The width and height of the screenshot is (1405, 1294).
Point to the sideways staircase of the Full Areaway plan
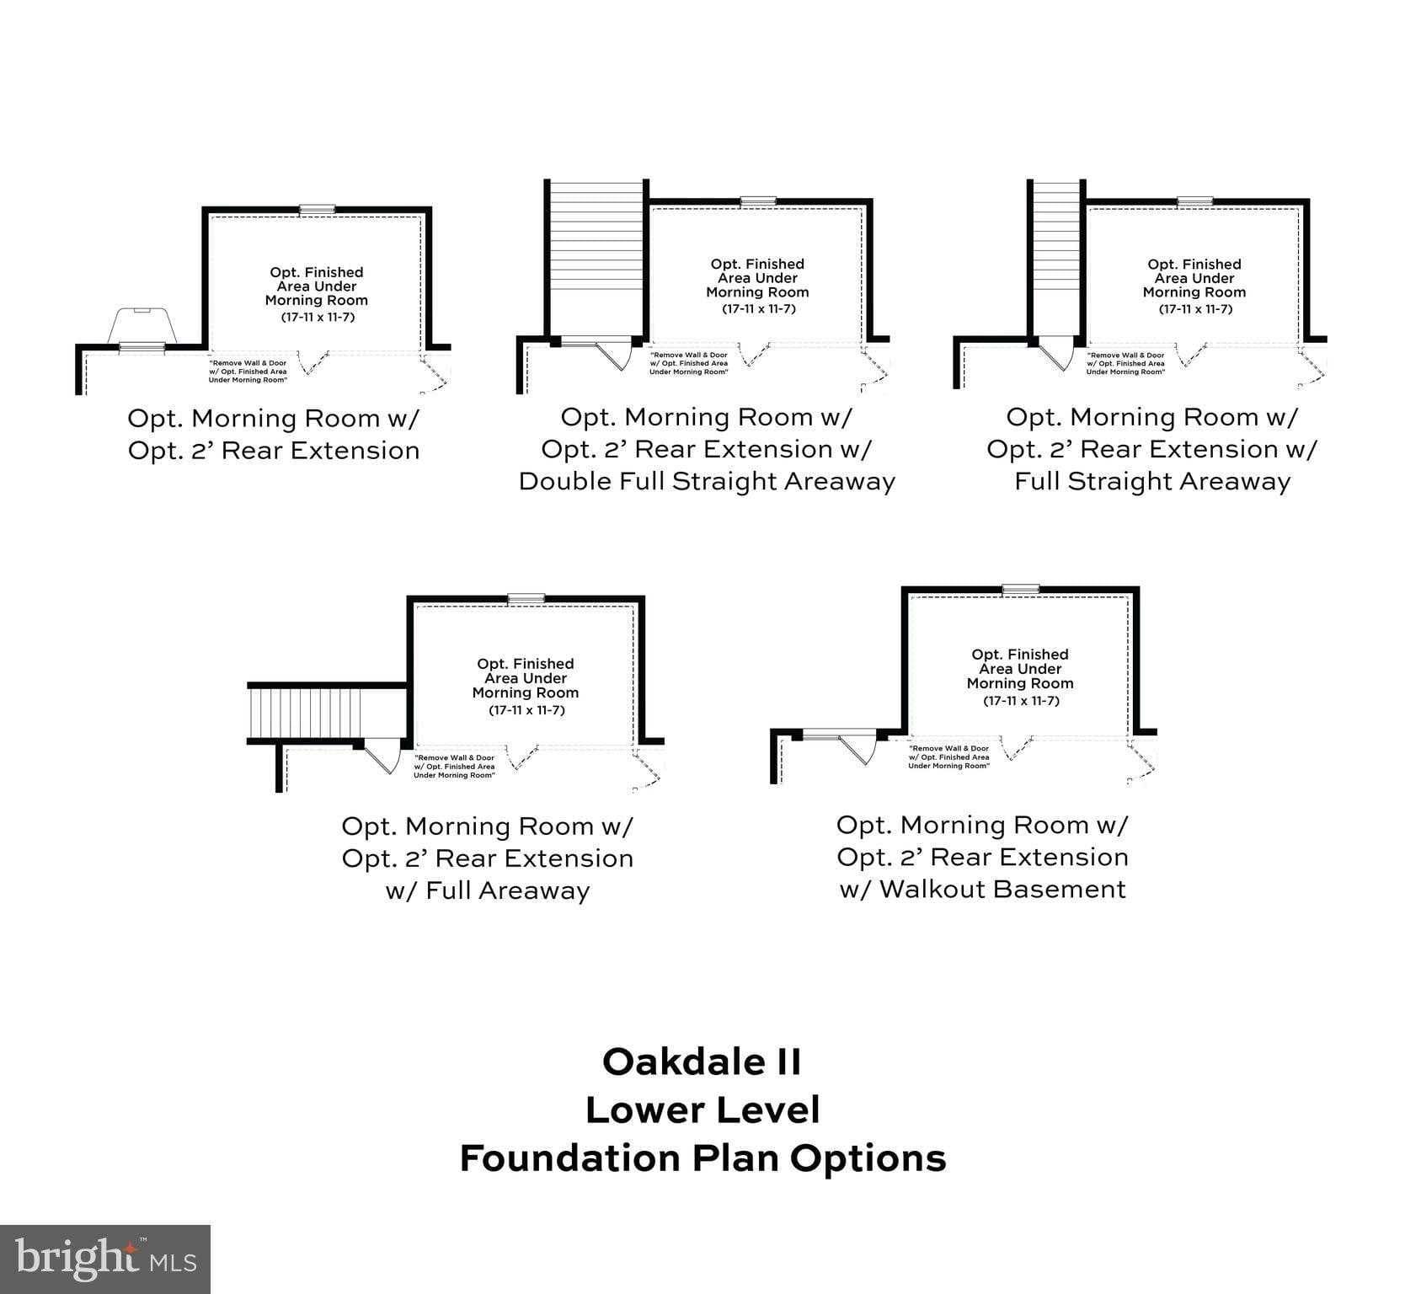tap(305, 713)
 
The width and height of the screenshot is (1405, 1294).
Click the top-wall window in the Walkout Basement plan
tap(1020, 590)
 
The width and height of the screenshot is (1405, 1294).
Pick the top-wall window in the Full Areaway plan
tap(526, 599)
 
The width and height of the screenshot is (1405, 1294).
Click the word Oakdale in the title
tap(673, 1061)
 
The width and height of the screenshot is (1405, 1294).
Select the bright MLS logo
tap(105, 1259)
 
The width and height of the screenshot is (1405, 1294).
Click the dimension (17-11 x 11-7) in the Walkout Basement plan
tap(1020, 701)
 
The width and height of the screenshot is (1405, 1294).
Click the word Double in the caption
tap(564, 482)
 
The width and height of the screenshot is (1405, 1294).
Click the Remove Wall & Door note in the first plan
tap(248, 371)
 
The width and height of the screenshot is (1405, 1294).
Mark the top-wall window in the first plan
tap(317, 209)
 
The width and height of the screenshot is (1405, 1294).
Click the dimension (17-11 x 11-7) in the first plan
tap(317, 317)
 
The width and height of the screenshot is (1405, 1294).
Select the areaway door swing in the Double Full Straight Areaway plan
tap(613, 354)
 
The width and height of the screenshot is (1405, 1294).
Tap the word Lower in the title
tap(643, 1110)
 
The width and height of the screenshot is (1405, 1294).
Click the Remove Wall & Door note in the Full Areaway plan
tap(454, 766)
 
